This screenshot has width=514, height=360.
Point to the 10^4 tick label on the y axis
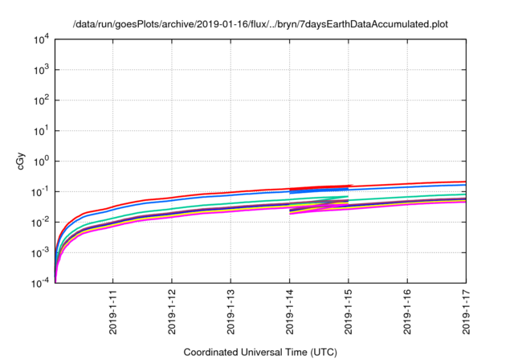tap(41, 39)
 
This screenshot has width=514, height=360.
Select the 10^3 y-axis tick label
tap(41, 70)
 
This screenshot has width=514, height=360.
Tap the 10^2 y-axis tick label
tap(41, 100)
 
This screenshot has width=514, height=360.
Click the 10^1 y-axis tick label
tap(41, 131)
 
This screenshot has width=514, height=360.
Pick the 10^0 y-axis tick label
tap(41, 162)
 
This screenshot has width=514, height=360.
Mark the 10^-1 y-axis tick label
tap(41, 192)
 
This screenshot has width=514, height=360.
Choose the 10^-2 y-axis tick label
tap(41, 223)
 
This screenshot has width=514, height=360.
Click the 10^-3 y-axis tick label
tap(41, 253)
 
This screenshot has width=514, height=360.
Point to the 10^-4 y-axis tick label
tap(41, 284)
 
